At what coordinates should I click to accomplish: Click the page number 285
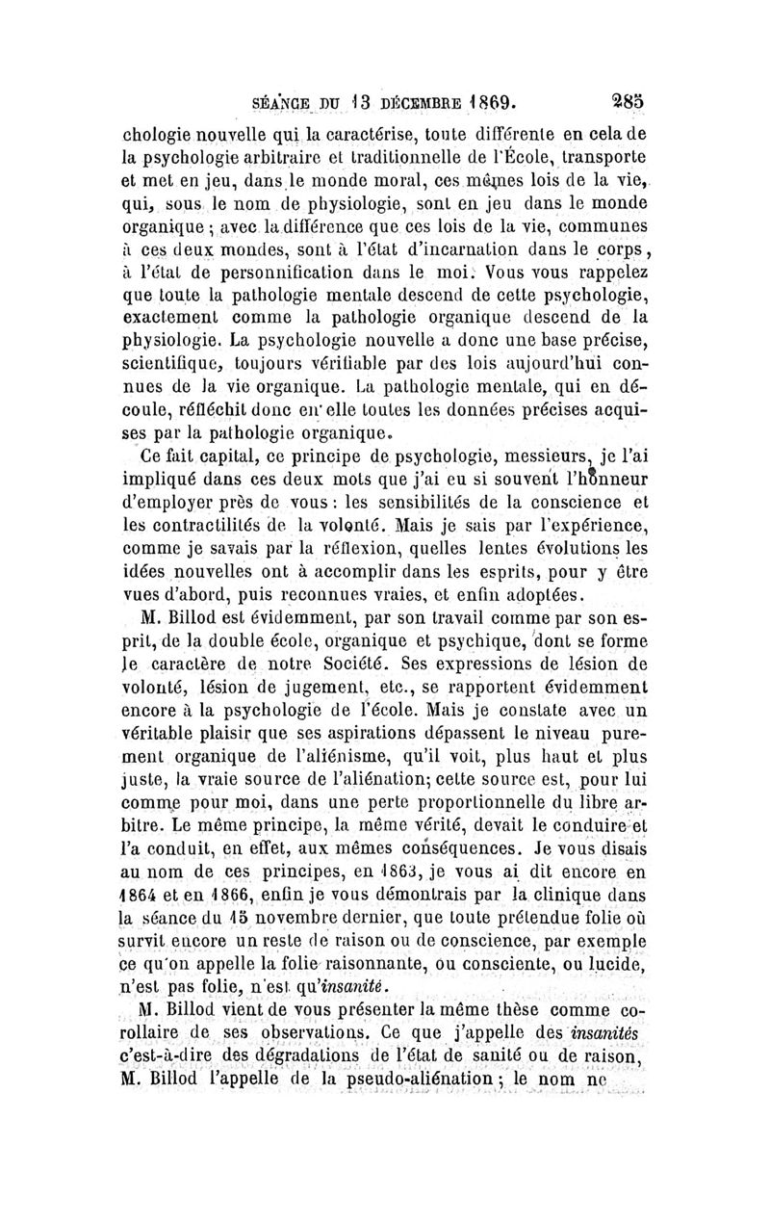(x=636, y=97)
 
